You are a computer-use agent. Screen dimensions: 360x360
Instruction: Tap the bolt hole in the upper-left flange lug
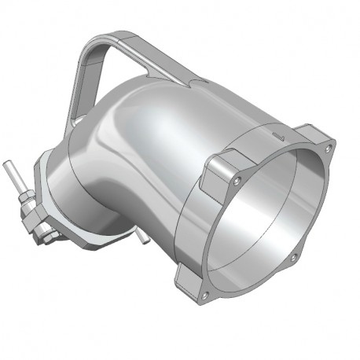pyautogui.click(x=237, y=180)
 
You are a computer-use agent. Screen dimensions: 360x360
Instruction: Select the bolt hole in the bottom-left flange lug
pyautogui.click(x=204, y=295)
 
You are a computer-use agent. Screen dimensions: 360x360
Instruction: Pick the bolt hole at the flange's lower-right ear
pyautogui.click(x=292, y=257)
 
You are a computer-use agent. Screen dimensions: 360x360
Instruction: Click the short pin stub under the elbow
pyautogui.click(x=142, y=239)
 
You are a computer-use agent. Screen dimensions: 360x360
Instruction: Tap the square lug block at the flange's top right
pyautogui.click(x=318, y=141)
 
